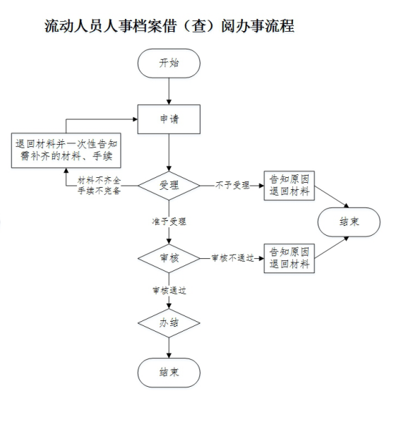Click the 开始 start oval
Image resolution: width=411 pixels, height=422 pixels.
tap(169, 64)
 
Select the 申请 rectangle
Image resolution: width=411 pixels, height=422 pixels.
tap(169, 119)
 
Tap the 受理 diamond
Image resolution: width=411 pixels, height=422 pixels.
tap(169, 186)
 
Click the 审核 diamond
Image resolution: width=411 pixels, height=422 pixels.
tap(169, 258)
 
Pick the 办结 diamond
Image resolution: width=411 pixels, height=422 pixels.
tap(169, 323)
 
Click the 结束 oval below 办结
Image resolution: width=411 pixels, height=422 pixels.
tap(169, 373)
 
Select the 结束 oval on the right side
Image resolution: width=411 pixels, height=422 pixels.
tap(349, 222)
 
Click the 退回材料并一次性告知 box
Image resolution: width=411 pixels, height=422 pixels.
tap(66, 150)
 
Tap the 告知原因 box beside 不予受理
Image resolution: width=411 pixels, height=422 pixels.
tap(290, 186)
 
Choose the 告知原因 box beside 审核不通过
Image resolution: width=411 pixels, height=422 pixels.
tap(290, 258)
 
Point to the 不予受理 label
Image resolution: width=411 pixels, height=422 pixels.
tap(232, 185)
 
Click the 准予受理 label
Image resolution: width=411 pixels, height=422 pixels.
tap(169, 222)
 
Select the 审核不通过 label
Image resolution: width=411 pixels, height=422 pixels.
tap(233, 258)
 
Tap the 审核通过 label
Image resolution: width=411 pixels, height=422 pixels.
tap(169, 291)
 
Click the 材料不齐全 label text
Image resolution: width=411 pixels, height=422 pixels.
tap(99, 181)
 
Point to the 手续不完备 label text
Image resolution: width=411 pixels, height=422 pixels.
tap(99, 191)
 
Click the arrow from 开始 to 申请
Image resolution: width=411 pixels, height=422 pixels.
tap(169, 91)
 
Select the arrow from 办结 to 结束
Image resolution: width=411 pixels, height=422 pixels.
tap(169, 348)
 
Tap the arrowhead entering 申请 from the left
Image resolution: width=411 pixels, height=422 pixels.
tap(135, 119)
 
